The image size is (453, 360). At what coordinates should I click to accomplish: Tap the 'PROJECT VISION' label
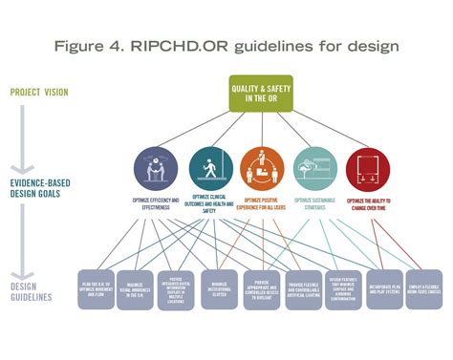click(40, 93)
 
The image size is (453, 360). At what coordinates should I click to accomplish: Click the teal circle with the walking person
click(211, 167)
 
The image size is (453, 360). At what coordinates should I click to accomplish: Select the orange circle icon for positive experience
click(262, 167)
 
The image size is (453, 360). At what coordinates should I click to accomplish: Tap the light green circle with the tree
click(313, 167)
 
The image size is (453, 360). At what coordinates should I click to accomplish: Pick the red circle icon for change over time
click(367, 167)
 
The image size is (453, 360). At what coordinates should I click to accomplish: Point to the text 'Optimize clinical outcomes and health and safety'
click(211, 207)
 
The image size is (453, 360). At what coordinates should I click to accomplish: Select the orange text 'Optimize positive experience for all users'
click(262, 205)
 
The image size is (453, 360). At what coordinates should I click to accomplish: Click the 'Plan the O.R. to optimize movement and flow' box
click(97, 289)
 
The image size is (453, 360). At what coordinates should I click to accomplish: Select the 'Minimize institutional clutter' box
click(220, 289)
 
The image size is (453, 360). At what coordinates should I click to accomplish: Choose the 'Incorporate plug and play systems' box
click(383, 289)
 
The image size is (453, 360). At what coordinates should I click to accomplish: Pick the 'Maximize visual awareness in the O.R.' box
click(138, 289)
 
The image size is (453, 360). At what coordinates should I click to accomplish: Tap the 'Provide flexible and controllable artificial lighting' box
click(303, 289)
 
